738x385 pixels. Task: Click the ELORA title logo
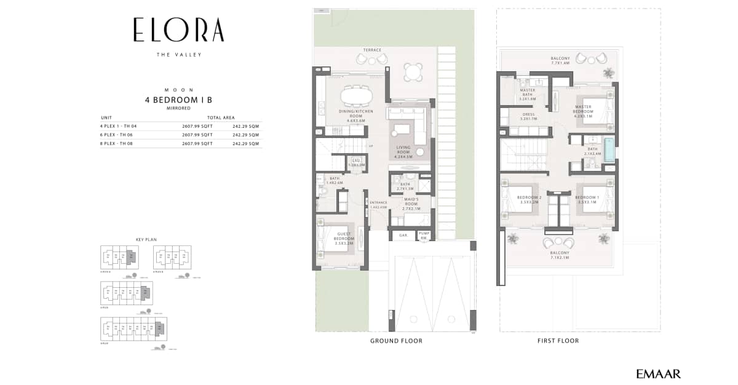pyautogui.click(x=178, y=30)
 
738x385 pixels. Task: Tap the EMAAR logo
pyautogui.click(x=659, y=373)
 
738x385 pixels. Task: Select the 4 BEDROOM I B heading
pyautogui.click(x=178, y=99)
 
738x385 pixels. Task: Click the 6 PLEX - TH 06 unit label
pyautogui.click(x=117, y=134)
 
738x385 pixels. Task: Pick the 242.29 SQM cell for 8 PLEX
pyautogui.click(x=245, y=143)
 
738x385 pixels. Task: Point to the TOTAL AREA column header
pyautogui.click(x=221, y=117)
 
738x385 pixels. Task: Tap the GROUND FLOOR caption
pyautogui.click(x=396, y=341)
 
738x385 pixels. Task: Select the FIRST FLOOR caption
pyautogui.click(x=558, y=341)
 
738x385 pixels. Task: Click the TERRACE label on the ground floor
pyautogui.click(x=372, y=50)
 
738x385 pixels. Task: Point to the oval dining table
pyautogui.click(x=357, y=95)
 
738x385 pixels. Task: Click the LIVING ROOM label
pyautogui.click(x=403, y=149)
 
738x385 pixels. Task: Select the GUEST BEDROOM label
pyautogui.click(x=344, y=238)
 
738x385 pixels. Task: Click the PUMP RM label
pyautogui.click(x=424, y=235)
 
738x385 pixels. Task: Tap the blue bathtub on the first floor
pyautogui.click(x=609, y=149)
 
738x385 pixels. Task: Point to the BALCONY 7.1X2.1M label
pyautogui.click(x=559, y=255)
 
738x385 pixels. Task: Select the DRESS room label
pyautogui.click(x=528, y=116)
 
